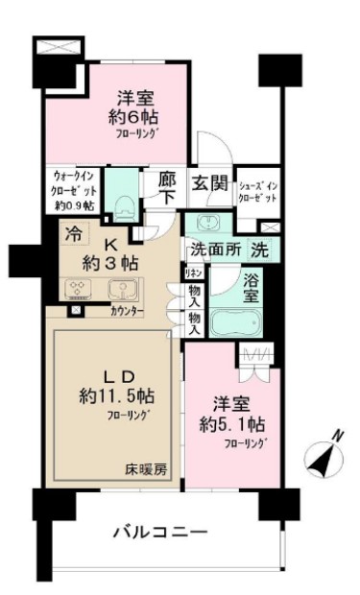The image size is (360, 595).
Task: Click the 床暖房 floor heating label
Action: [x=144, y=470]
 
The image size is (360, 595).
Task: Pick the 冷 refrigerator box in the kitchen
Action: [x=74, y=232]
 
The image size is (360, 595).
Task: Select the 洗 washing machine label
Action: [x=258, y=250]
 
